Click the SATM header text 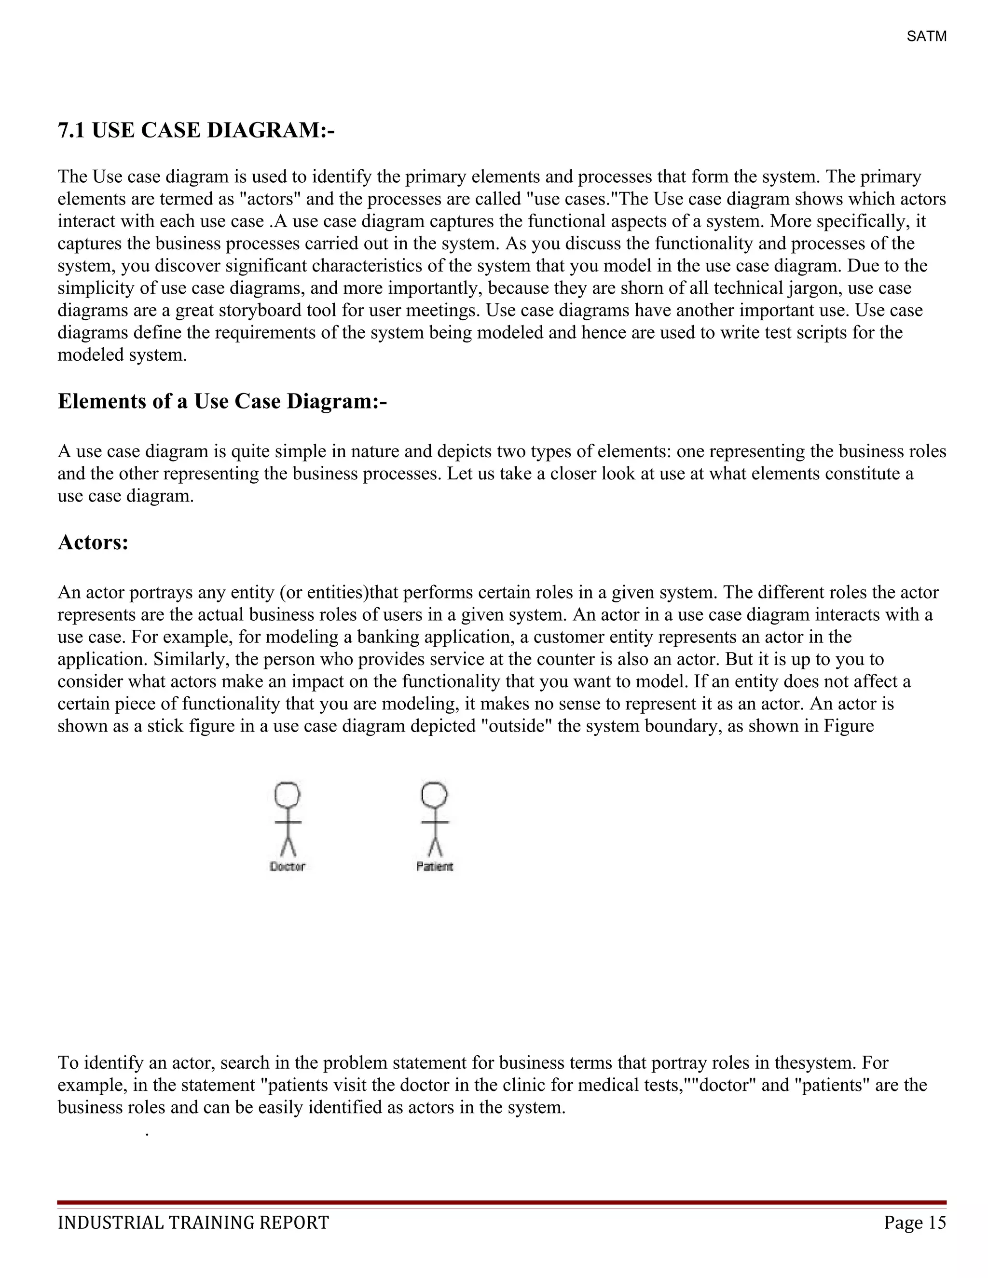pyautogui.click(x=926, y=37)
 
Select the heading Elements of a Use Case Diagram pyautogui.click(x=222, y=401)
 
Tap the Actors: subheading pyautogui.click(x=93, y=543)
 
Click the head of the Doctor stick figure pyautogui.click(x=288, y=795)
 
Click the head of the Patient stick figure pyautogui.click(x=434, y=795)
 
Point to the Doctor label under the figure pyautogui.click(x=288, y=867)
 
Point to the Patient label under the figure pyautogui.click(x=434, y=867)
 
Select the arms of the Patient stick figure pyautogui.click(x=434, y=822)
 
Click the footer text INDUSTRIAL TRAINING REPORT pyautogui.click(x=193, y=1223)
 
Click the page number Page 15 pyautogui.click(x=915, y=1223)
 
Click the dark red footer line pyautogui.click(x=502, y=1202)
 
